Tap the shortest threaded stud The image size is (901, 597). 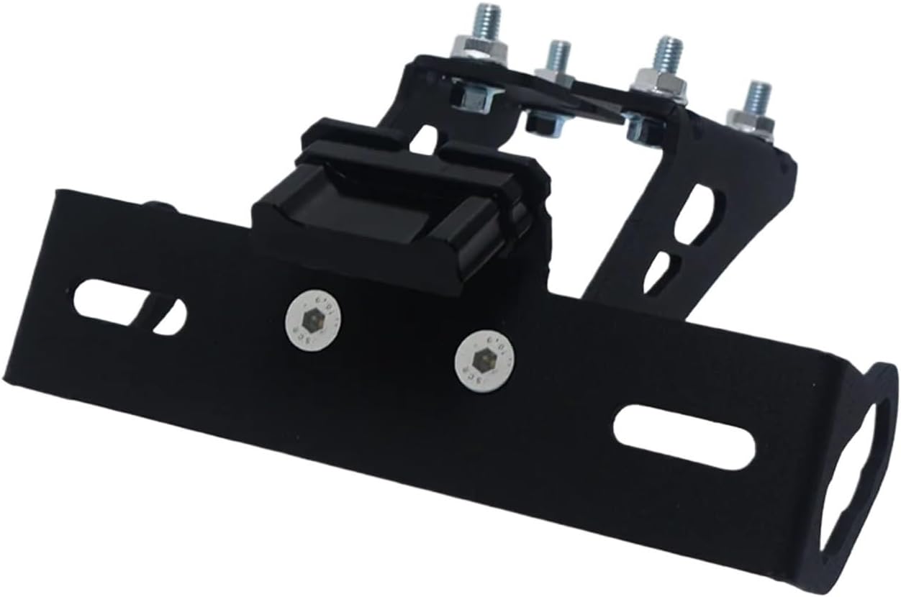(558, 56)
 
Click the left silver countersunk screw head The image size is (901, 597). (314, 318)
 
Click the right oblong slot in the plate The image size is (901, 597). (684, 437)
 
